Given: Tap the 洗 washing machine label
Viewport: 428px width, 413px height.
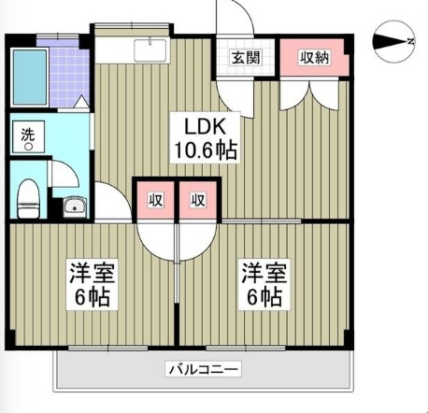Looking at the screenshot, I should coord(28,132).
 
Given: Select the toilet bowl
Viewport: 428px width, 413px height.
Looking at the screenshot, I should coord(29,197).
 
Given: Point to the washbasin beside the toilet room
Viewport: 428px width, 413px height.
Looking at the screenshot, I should coord(74,206).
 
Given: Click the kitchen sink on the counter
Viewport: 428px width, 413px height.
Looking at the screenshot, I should coord(150,50).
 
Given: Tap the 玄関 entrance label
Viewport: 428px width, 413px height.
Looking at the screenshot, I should coord(247,57).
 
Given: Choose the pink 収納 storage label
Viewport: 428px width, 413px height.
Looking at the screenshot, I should coord(313,57).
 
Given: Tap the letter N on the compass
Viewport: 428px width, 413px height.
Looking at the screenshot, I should coord(412,40).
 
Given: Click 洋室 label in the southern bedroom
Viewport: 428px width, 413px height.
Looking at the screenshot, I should coord(91,275).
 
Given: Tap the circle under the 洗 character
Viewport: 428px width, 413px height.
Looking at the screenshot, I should coord(28,146).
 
